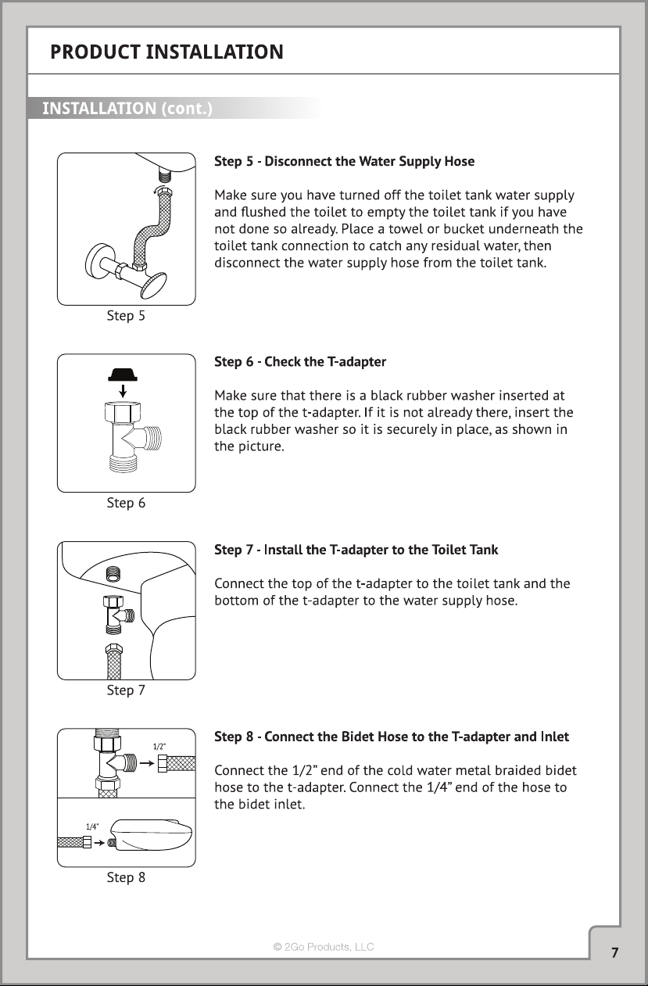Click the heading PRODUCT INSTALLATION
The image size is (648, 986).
point(166,52)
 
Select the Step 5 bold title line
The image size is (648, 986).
point(345,161)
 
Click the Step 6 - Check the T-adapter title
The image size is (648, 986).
point(300,361)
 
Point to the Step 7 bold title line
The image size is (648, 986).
point(356,550)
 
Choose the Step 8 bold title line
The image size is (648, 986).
point(392,737)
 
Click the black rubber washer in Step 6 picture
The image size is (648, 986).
point(123,375)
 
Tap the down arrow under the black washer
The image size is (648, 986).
point(124,391)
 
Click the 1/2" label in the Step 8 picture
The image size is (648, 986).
point(159,747)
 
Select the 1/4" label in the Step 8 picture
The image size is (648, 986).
point(92,826)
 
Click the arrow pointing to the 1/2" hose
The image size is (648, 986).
point(147,763)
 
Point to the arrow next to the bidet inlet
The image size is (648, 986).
point(99,843)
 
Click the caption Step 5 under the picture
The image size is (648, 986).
point(126,316)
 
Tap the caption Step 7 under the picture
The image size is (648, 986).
point(126,690)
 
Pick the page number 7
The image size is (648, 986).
point(615,952)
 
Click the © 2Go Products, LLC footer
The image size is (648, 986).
point(324,947)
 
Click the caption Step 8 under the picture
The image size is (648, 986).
point(126,877)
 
